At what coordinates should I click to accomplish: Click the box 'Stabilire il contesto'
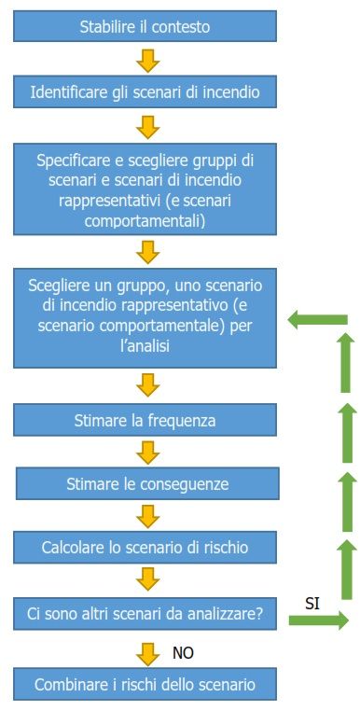click(145, 26)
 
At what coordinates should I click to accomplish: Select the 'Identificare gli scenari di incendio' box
click(145, 91)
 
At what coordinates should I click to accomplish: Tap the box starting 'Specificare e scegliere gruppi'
click(145, 188)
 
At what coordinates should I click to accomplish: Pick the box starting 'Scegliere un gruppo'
click(145, 318)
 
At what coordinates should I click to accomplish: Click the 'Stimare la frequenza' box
click(145, 420)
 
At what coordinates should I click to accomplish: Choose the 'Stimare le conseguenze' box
click(147, 484)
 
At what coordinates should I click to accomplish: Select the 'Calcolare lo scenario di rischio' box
click(145, 548)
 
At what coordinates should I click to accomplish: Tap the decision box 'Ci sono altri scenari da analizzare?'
click(145, 614)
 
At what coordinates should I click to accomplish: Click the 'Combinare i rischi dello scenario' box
click(145, 684)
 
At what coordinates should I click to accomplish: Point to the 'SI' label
click(312, 605)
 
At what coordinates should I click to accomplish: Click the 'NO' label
click(183, 653)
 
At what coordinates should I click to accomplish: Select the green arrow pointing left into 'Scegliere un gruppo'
click(317, 320)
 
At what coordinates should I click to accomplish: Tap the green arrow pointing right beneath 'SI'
click(319, 620)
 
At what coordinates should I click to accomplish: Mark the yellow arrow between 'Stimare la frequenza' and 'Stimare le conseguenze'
click(147, 453)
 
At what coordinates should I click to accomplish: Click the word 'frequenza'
click(181, 421)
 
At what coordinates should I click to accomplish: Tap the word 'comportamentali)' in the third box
click(145, 222)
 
